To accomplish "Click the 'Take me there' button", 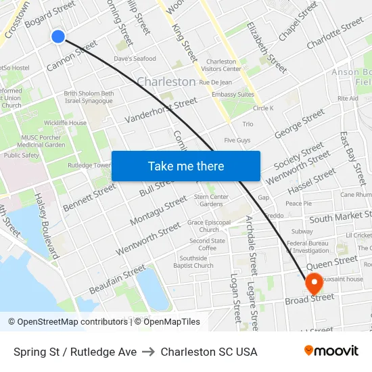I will point(185,166).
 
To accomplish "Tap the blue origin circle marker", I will point(58,37).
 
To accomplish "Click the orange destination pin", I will point(314,283).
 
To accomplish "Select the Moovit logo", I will point(331,351).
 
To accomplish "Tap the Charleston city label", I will point(166,82).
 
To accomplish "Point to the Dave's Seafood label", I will point(135,59).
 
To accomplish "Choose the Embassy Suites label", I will point(233,95).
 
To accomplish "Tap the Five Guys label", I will point(237,140).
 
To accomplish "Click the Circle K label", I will point(263,108).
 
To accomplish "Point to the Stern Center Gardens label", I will point(208,200).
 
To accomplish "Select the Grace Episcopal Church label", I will point(209,226).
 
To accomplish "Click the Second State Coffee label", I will point(207,244).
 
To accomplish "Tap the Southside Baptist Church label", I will point(193,262).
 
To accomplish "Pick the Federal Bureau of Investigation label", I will point(308,247).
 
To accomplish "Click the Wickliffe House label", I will point(65,123).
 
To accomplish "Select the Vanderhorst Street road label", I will point(161,110).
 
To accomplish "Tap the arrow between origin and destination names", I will point(148,352).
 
